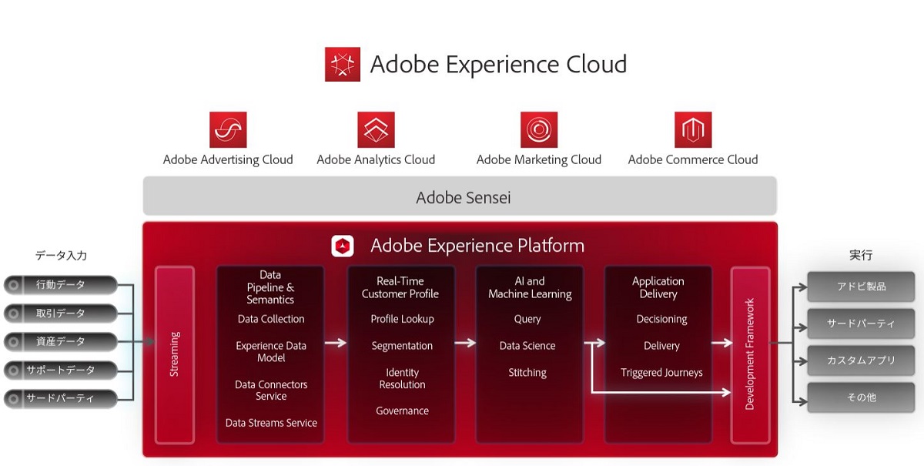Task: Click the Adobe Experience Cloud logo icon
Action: [343, 65]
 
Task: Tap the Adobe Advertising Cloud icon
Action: [228, 129]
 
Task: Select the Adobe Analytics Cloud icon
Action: [377, 129]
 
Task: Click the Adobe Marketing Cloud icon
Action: [539, 129]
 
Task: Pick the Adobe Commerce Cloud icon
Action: [694, 129]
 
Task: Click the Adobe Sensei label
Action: [464, 198]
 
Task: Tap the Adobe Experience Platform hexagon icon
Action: [343, 246]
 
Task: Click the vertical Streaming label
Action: [175, 354]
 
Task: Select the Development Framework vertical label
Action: [749, 354]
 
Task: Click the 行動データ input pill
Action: [61, 285]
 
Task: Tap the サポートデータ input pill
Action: [61, 370]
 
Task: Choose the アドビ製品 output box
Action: [861, 287]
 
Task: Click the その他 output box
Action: [861, 397]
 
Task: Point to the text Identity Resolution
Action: [402, 378]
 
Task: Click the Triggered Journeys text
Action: [661, 373]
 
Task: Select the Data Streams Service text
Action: [271, 423]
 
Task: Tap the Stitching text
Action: [527, 373]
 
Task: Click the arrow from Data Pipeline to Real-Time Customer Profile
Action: [336, 343]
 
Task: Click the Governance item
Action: [402, 411]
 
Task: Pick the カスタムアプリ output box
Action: [861, 360]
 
